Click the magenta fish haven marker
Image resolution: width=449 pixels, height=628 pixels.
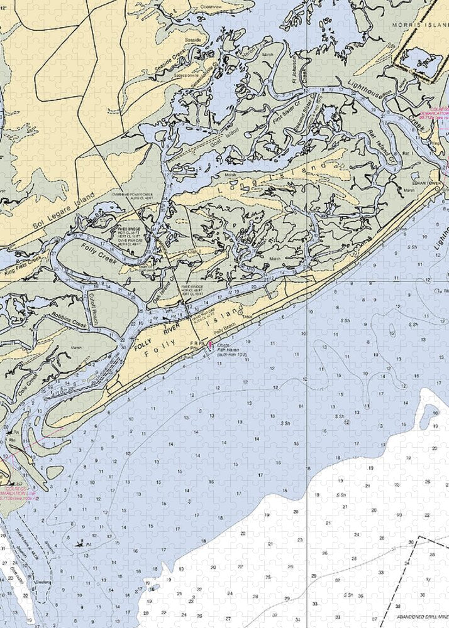click(210, 345)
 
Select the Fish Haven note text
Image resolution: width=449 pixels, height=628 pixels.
click(231, 350)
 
